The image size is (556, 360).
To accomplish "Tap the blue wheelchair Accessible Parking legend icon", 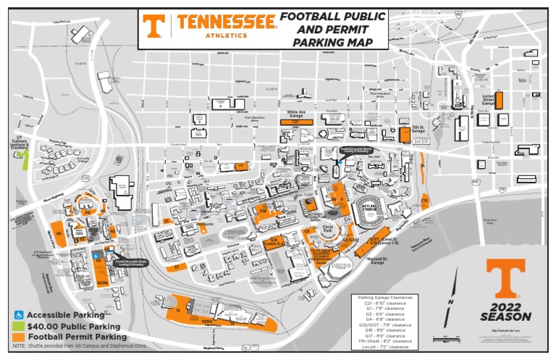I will click(19, 315).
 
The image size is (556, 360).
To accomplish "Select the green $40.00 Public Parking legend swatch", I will click(19, 326).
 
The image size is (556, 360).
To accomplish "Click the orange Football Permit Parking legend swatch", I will click(19, 337).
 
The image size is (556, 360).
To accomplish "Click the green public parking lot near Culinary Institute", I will click(25, 159).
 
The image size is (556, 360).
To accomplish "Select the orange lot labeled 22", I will click(177, 267).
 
